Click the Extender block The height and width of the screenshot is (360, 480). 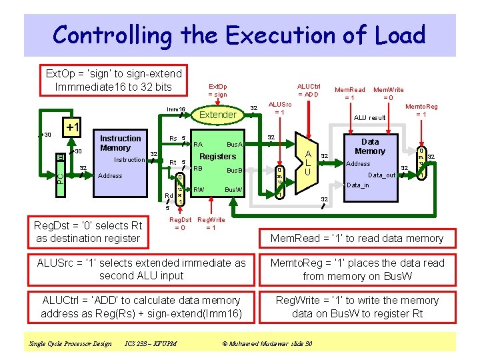218,115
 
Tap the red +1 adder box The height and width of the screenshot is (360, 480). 71,127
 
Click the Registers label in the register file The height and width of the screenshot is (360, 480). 218,157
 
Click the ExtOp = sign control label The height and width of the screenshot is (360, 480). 217,91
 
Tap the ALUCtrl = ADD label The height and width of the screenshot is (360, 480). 309,90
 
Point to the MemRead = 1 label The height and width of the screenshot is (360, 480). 349,93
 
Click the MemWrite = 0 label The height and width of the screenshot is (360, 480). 388,93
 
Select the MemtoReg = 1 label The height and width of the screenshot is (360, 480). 421,110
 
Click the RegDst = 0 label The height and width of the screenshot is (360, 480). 180,223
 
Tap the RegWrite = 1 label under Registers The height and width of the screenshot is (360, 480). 211,223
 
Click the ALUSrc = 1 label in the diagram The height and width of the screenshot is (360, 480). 279,108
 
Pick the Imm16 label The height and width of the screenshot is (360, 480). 176,109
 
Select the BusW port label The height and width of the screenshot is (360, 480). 233,190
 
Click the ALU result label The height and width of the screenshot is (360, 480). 369,118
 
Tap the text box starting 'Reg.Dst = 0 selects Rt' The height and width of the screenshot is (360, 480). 89,233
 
